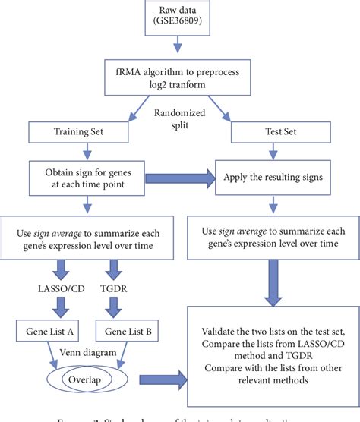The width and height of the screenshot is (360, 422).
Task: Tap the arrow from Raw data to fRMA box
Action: pos(179,52)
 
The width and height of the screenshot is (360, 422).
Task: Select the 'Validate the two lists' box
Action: pos(272,356)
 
